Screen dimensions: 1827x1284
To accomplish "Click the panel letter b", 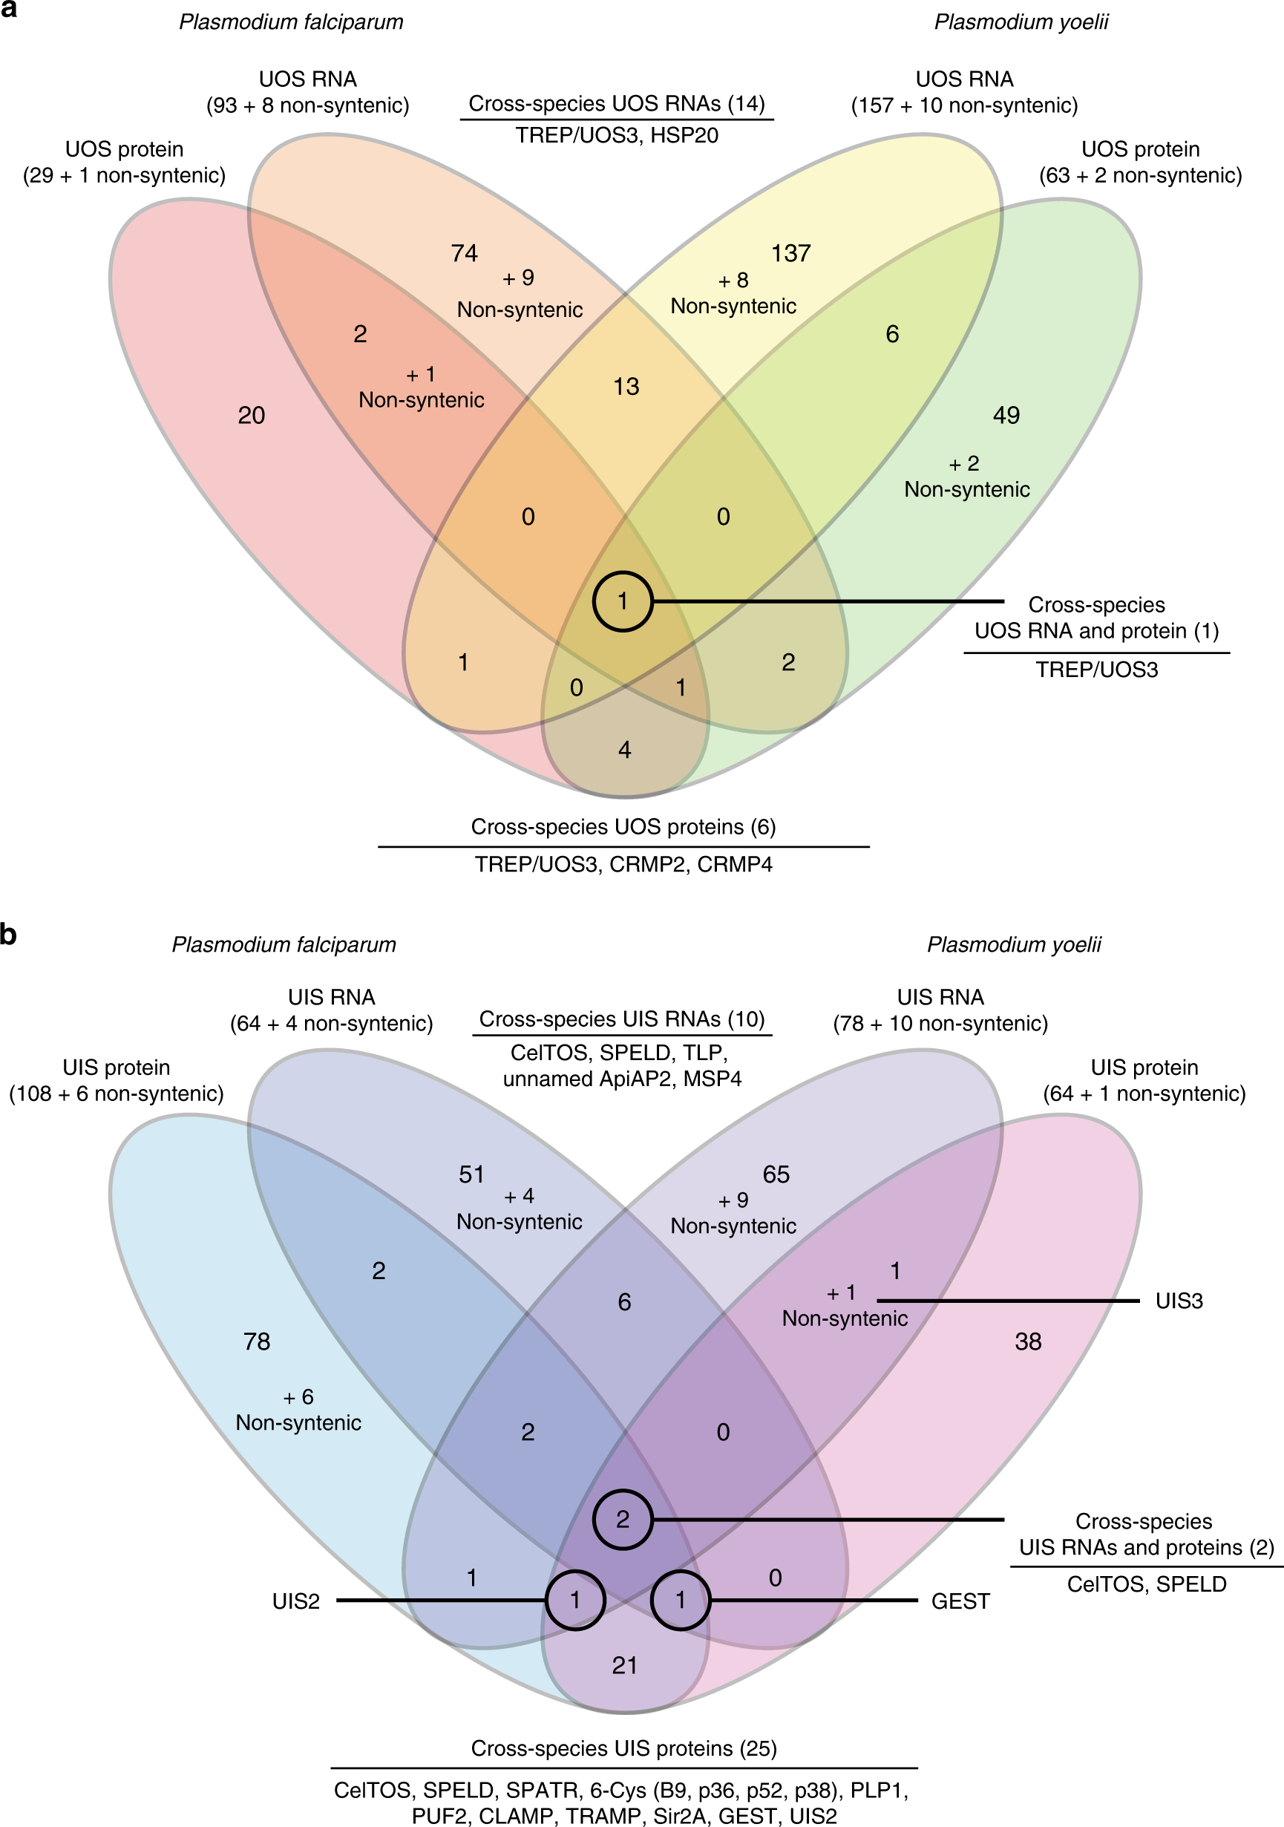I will pos(9,933).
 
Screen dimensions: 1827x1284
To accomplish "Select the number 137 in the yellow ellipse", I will pos(790,254).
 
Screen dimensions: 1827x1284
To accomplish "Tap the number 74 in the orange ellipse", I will pos(464,254).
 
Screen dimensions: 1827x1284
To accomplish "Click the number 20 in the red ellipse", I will pos(252,416).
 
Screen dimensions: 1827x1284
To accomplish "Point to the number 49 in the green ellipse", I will pos(1006,416).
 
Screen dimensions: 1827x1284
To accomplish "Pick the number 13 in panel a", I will pos(626,387).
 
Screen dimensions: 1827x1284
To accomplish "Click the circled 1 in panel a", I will pos(623,601).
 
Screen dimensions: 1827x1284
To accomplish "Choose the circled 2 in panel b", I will pos(623,1519).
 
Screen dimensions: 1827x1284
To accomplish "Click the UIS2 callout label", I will pos(296,1601).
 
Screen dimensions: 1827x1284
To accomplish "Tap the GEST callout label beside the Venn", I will pos(960,1601).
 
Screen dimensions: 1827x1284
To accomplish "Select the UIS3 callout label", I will pos(1179,1301).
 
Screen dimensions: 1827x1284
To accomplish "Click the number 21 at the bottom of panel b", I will pos(624,1665).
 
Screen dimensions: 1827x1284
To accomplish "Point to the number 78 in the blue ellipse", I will pos(257,1341).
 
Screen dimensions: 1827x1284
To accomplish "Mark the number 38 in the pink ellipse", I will pos(1028,1341).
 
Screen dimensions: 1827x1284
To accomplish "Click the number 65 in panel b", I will pos(776,1174).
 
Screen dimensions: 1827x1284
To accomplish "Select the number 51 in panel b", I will pos(472,1174).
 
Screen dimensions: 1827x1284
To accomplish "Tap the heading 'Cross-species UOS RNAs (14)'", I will pos(617,104).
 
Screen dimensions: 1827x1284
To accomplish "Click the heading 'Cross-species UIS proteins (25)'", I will pos(623,1748).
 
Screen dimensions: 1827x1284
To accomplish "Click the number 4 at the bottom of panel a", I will pos(624,750).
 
